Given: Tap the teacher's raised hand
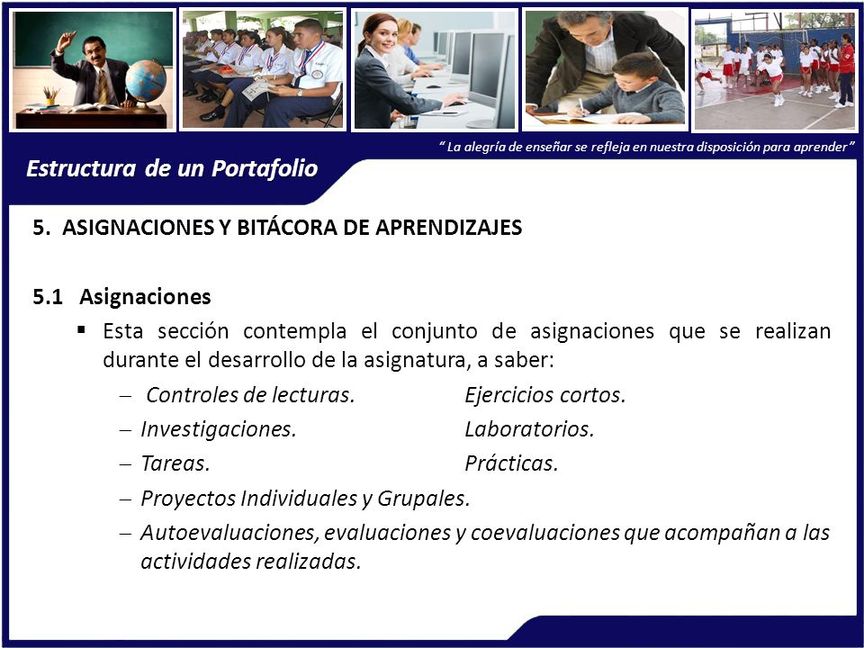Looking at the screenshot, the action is (67, 40).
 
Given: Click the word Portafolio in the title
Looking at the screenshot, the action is (265, 168).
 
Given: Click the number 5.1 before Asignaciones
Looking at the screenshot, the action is (48, 297).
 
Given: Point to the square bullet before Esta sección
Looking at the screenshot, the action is (82, 330).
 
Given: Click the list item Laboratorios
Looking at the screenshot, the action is (529, 429).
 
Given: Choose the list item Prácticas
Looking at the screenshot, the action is (511, 463).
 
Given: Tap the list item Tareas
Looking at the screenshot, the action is (175, 463).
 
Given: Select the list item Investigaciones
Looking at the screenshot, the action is (219, 429).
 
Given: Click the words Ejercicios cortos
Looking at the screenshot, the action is (545, 395).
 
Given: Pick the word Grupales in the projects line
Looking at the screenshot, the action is (423, 498).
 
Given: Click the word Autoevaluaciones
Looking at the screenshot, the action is (230, 532).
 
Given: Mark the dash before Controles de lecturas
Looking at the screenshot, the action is (126, 396).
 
